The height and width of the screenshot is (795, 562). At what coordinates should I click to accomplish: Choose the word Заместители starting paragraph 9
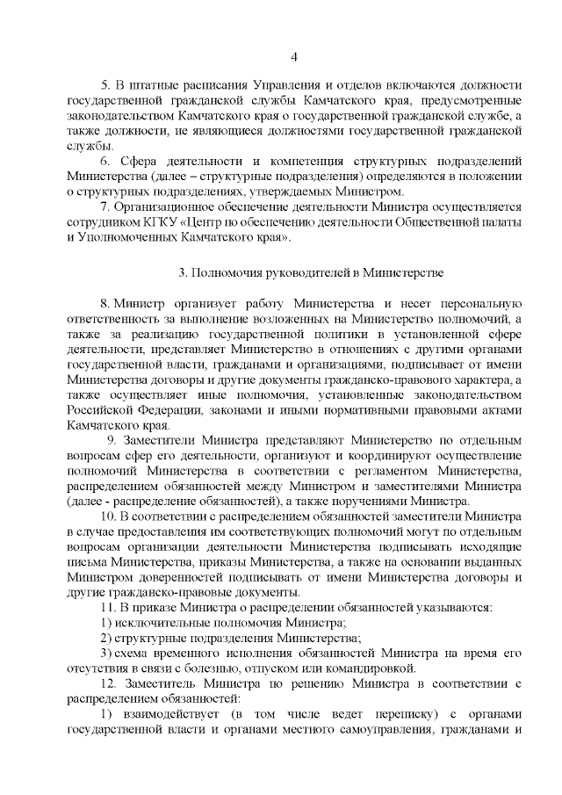tap(164, 439)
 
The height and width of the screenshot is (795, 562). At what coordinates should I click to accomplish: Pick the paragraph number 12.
tap(109, 683)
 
